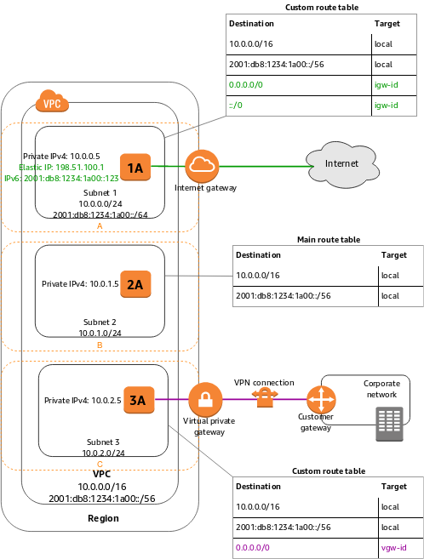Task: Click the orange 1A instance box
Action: (135, 168)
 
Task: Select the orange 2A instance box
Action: (135, 284)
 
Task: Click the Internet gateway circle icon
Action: (202, 165)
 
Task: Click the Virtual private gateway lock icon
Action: (204, 399)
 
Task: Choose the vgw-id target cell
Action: (395, 547)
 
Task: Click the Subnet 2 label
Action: (101, 322)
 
